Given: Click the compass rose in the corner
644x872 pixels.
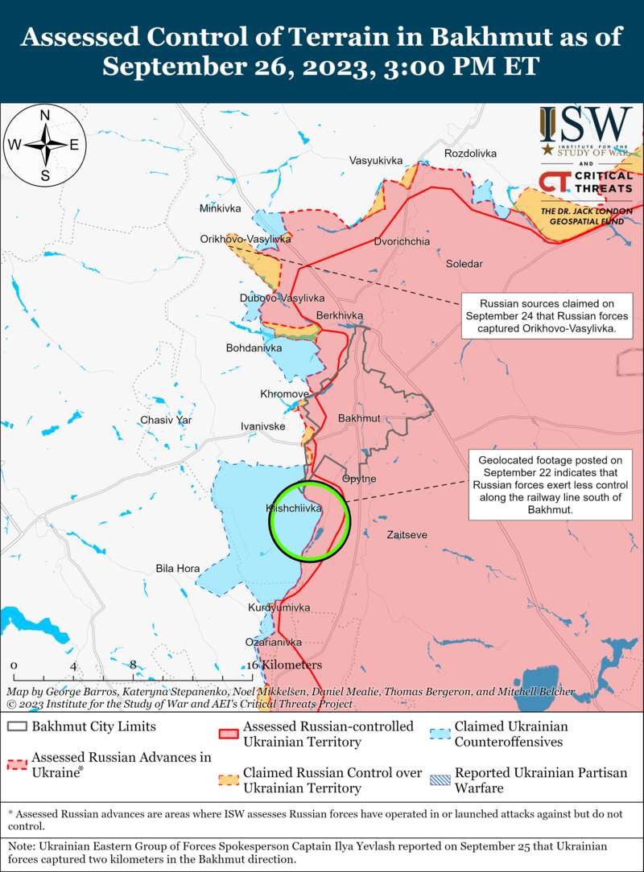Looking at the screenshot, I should [45, 145].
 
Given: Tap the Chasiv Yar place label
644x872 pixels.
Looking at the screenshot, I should [166, 420].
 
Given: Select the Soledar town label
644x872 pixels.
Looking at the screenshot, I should [464, 264].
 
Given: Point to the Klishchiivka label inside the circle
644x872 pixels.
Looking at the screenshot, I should [294, 508].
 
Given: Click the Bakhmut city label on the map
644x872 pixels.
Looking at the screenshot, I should [359, 419].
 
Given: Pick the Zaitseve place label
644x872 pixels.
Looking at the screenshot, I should [407, 535].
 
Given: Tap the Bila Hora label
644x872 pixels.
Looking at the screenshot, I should [177, 569].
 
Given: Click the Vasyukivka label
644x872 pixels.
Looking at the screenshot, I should [375, 161].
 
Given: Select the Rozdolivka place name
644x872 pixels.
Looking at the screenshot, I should [470, 153].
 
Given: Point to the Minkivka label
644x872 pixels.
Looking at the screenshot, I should [221, 209].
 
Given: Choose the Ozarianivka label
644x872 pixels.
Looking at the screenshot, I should [274, 643].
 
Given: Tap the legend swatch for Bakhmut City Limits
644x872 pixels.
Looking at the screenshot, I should [17, 727].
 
